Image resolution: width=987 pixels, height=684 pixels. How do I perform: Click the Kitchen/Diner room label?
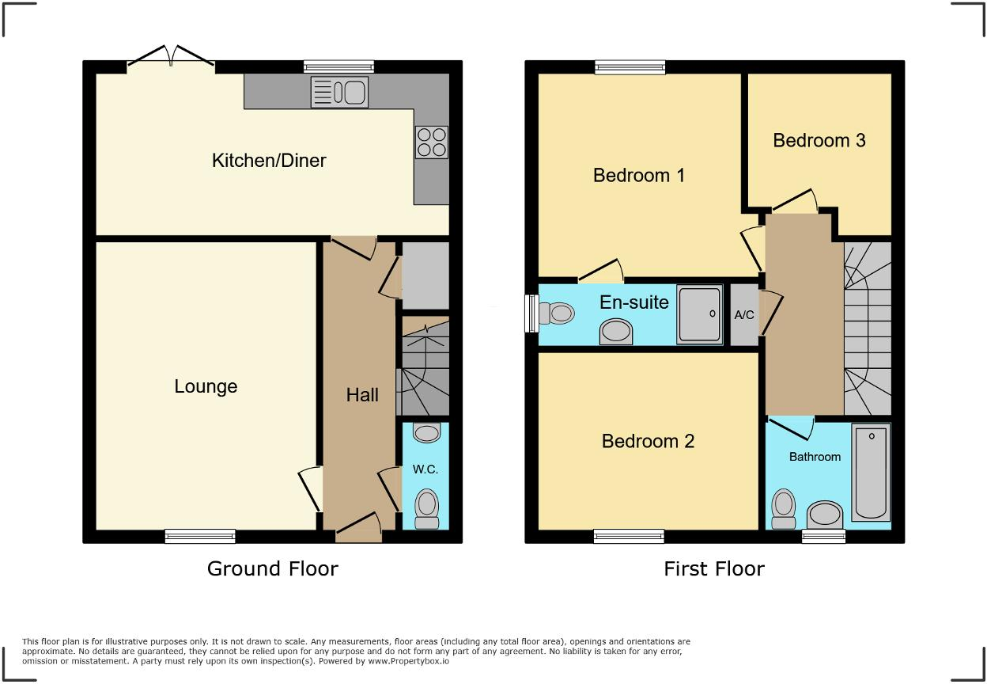tap(269, 161)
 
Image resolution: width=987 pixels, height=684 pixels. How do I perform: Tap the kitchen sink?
tap(339, 92)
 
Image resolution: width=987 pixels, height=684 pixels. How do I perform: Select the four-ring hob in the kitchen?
tap(431, 142)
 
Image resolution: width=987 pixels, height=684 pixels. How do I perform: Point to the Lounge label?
tap(206, 387)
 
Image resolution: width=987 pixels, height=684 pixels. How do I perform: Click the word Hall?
tap(362, 395)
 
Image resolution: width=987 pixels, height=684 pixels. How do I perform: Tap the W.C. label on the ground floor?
tap(425, 469)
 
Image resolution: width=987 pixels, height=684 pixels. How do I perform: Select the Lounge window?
tap(200, 536)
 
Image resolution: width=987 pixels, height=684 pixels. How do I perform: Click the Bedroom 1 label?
tap(639, 176)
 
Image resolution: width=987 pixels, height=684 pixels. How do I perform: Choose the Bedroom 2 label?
tap(648, 442)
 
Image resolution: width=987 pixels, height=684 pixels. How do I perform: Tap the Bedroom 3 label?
tap(819, 141)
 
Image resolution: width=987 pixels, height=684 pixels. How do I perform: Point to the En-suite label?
tap(634, 302)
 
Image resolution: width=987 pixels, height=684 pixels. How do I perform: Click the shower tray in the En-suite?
tap(700, 314)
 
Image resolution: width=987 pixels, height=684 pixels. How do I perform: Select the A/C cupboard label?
tap(744, 315)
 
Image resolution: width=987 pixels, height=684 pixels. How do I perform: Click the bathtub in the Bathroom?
tap(871, 473)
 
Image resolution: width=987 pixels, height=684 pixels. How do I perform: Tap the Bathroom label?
tap(815, 457)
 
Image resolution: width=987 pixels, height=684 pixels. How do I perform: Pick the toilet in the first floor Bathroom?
tap(784, 509)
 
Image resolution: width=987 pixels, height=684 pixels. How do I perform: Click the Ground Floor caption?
tap(273, 569)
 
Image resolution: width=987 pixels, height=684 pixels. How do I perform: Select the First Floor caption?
tap(714, 569)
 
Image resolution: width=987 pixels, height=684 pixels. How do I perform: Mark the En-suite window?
tap(531, 313)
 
